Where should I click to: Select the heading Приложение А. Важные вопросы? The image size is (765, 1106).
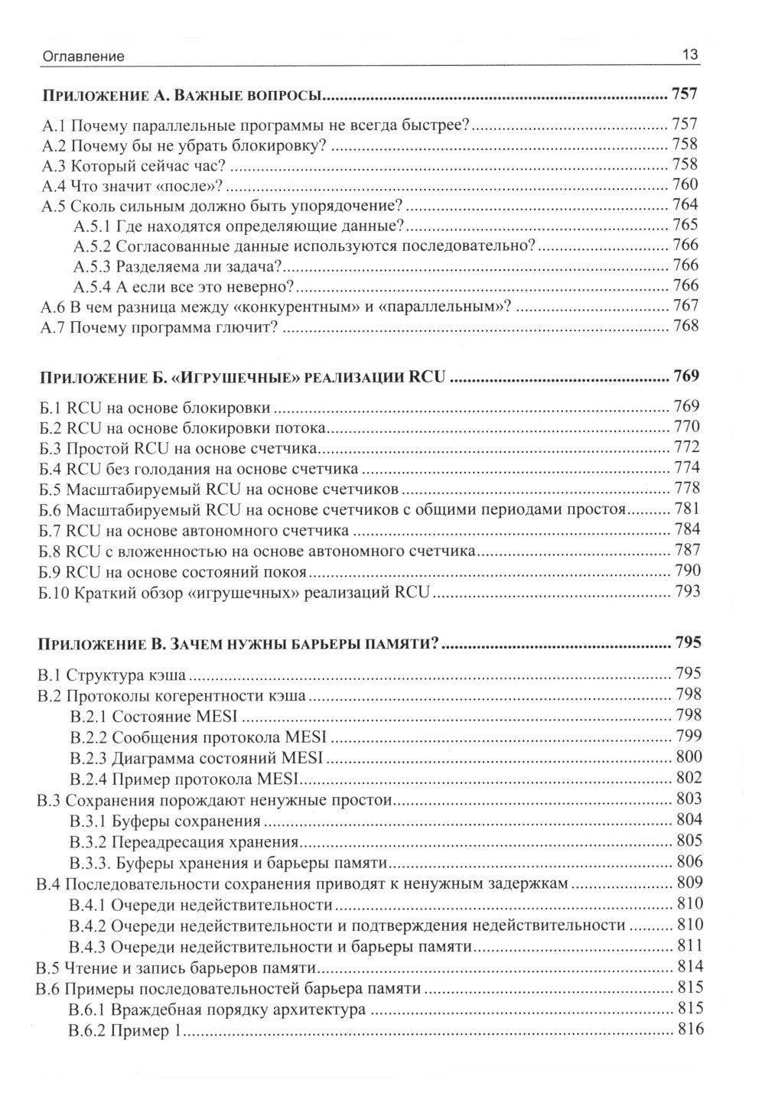[184, 96]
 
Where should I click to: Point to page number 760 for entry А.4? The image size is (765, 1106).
[685, 184]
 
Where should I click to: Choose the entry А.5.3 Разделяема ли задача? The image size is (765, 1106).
[179, 265]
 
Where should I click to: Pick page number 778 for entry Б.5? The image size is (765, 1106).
[686, 488]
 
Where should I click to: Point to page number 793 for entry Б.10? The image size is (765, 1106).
[686, 591]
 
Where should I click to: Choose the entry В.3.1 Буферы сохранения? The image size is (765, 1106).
[164, 821]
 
